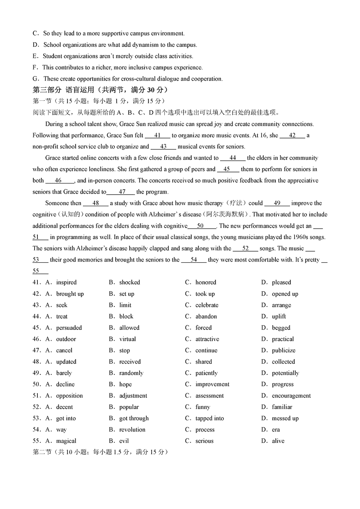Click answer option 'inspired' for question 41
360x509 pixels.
[66, 283]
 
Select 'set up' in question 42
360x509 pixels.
[126, 294]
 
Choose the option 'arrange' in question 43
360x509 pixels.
[282, 305]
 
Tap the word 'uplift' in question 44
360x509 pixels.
[279, 316]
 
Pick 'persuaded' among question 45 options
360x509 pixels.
[69, 328]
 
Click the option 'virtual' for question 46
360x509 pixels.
[127, 339]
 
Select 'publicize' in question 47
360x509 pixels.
[283, 350]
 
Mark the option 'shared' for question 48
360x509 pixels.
[203, 361]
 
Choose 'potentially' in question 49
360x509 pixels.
[285, 373]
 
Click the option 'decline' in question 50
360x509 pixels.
[65, 384]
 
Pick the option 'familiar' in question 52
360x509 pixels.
[282, 407]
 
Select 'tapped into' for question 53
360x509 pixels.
[209, 418]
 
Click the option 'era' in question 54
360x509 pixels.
[275, 429]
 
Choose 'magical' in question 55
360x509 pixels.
[66, 441]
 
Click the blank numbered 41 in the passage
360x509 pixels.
[157, 135]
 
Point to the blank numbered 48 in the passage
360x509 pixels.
[95, 203]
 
